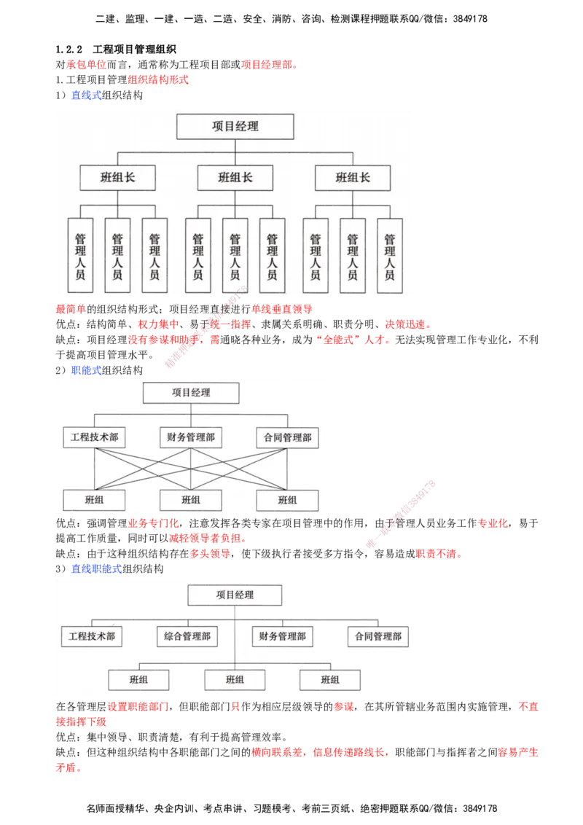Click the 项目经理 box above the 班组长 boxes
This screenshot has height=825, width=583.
click(235, 126)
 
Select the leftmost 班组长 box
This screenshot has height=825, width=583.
click(117, 177)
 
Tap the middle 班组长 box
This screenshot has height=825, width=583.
click(235, 177)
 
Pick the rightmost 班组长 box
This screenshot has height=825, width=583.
click(353, 177)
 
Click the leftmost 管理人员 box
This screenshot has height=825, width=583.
click(80, 256)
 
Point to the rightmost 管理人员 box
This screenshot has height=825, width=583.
click(390, 256)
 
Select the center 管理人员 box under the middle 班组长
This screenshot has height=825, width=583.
click(235, 256)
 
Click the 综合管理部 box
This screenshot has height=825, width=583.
click(187, 636)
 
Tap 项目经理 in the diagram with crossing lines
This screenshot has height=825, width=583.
click(191, 393)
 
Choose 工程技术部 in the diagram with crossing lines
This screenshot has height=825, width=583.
click(94, 437)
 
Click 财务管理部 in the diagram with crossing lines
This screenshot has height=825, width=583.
click(191, 437)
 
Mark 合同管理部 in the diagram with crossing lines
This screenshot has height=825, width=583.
click(288, 437)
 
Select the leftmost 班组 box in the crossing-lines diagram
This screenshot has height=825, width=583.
click(94, 500)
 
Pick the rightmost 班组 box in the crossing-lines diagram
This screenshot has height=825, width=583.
click(288, 500)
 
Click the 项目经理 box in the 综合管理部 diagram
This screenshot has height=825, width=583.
click(235, 595)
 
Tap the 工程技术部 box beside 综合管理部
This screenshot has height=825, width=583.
click(92, 636)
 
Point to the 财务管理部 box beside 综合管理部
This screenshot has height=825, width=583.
click(283, 636)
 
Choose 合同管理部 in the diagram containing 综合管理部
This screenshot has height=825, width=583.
click(378, 636)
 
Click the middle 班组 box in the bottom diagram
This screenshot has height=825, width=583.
click(235, 680)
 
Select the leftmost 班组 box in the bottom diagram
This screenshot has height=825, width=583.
click(139, 680)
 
